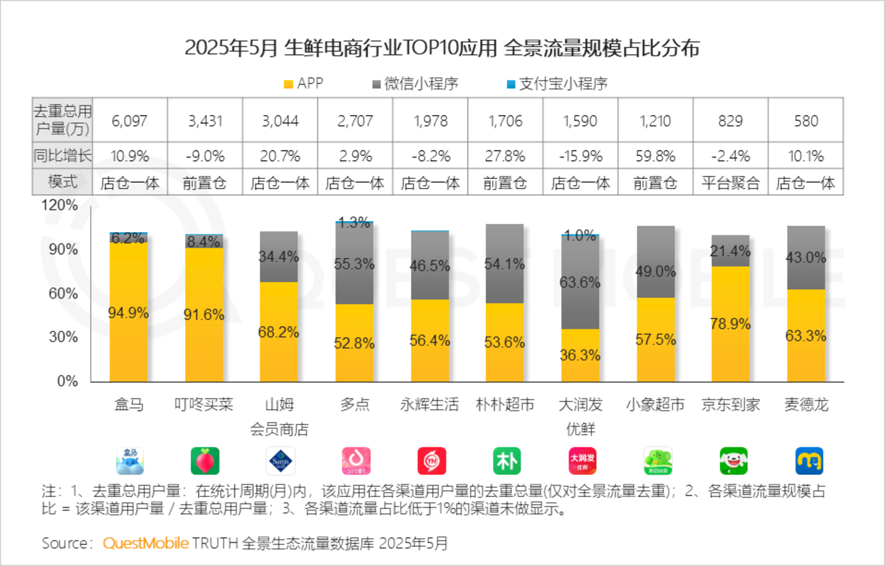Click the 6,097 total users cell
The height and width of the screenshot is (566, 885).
coord(130,120)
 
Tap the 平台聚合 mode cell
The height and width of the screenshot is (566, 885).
coord(730,183)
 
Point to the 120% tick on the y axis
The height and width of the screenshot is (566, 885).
coord(61,206)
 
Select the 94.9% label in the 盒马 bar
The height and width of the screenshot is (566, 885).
coord(129,312)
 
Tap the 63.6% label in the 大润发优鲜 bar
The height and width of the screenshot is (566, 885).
coord(580,282)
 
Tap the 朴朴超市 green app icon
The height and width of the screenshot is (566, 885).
coord(506,461)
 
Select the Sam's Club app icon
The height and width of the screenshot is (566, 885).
coord(280,461)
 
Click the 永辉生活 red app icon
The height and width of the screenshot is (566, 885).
coord(431,461)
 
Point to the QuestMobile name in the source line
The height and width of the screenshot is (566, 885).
coord(145,543)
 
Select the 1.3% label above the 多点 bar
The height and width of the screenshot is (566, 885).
coord(354,223)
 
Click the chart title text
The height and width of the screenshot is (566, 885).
coord(442,48)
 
